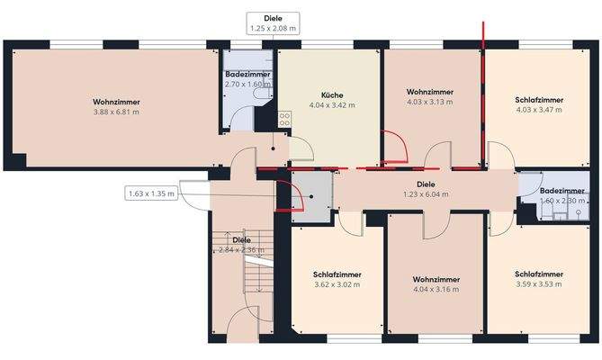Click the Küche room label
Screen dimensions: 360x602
point(331,94)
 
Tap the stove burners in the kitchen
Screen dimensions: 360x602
point(283,116)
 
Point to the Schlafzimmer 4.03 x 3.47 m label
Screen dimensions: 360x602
point(539,100)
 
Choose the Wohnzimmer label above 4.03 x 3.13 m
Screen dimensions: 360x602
point(428,92)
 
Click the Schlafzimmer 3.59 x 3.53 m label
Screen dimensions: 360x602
point(539,274)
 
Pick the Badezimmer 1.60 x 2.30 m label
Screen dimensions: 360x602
point(562,191)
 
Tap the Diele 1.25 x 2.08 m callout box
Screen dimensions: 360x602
point(273,23)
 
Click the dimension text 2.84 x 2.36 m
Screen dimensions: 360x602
point(241,250)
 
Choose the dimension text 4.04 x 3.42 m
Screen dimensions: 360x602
point(331,105)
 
